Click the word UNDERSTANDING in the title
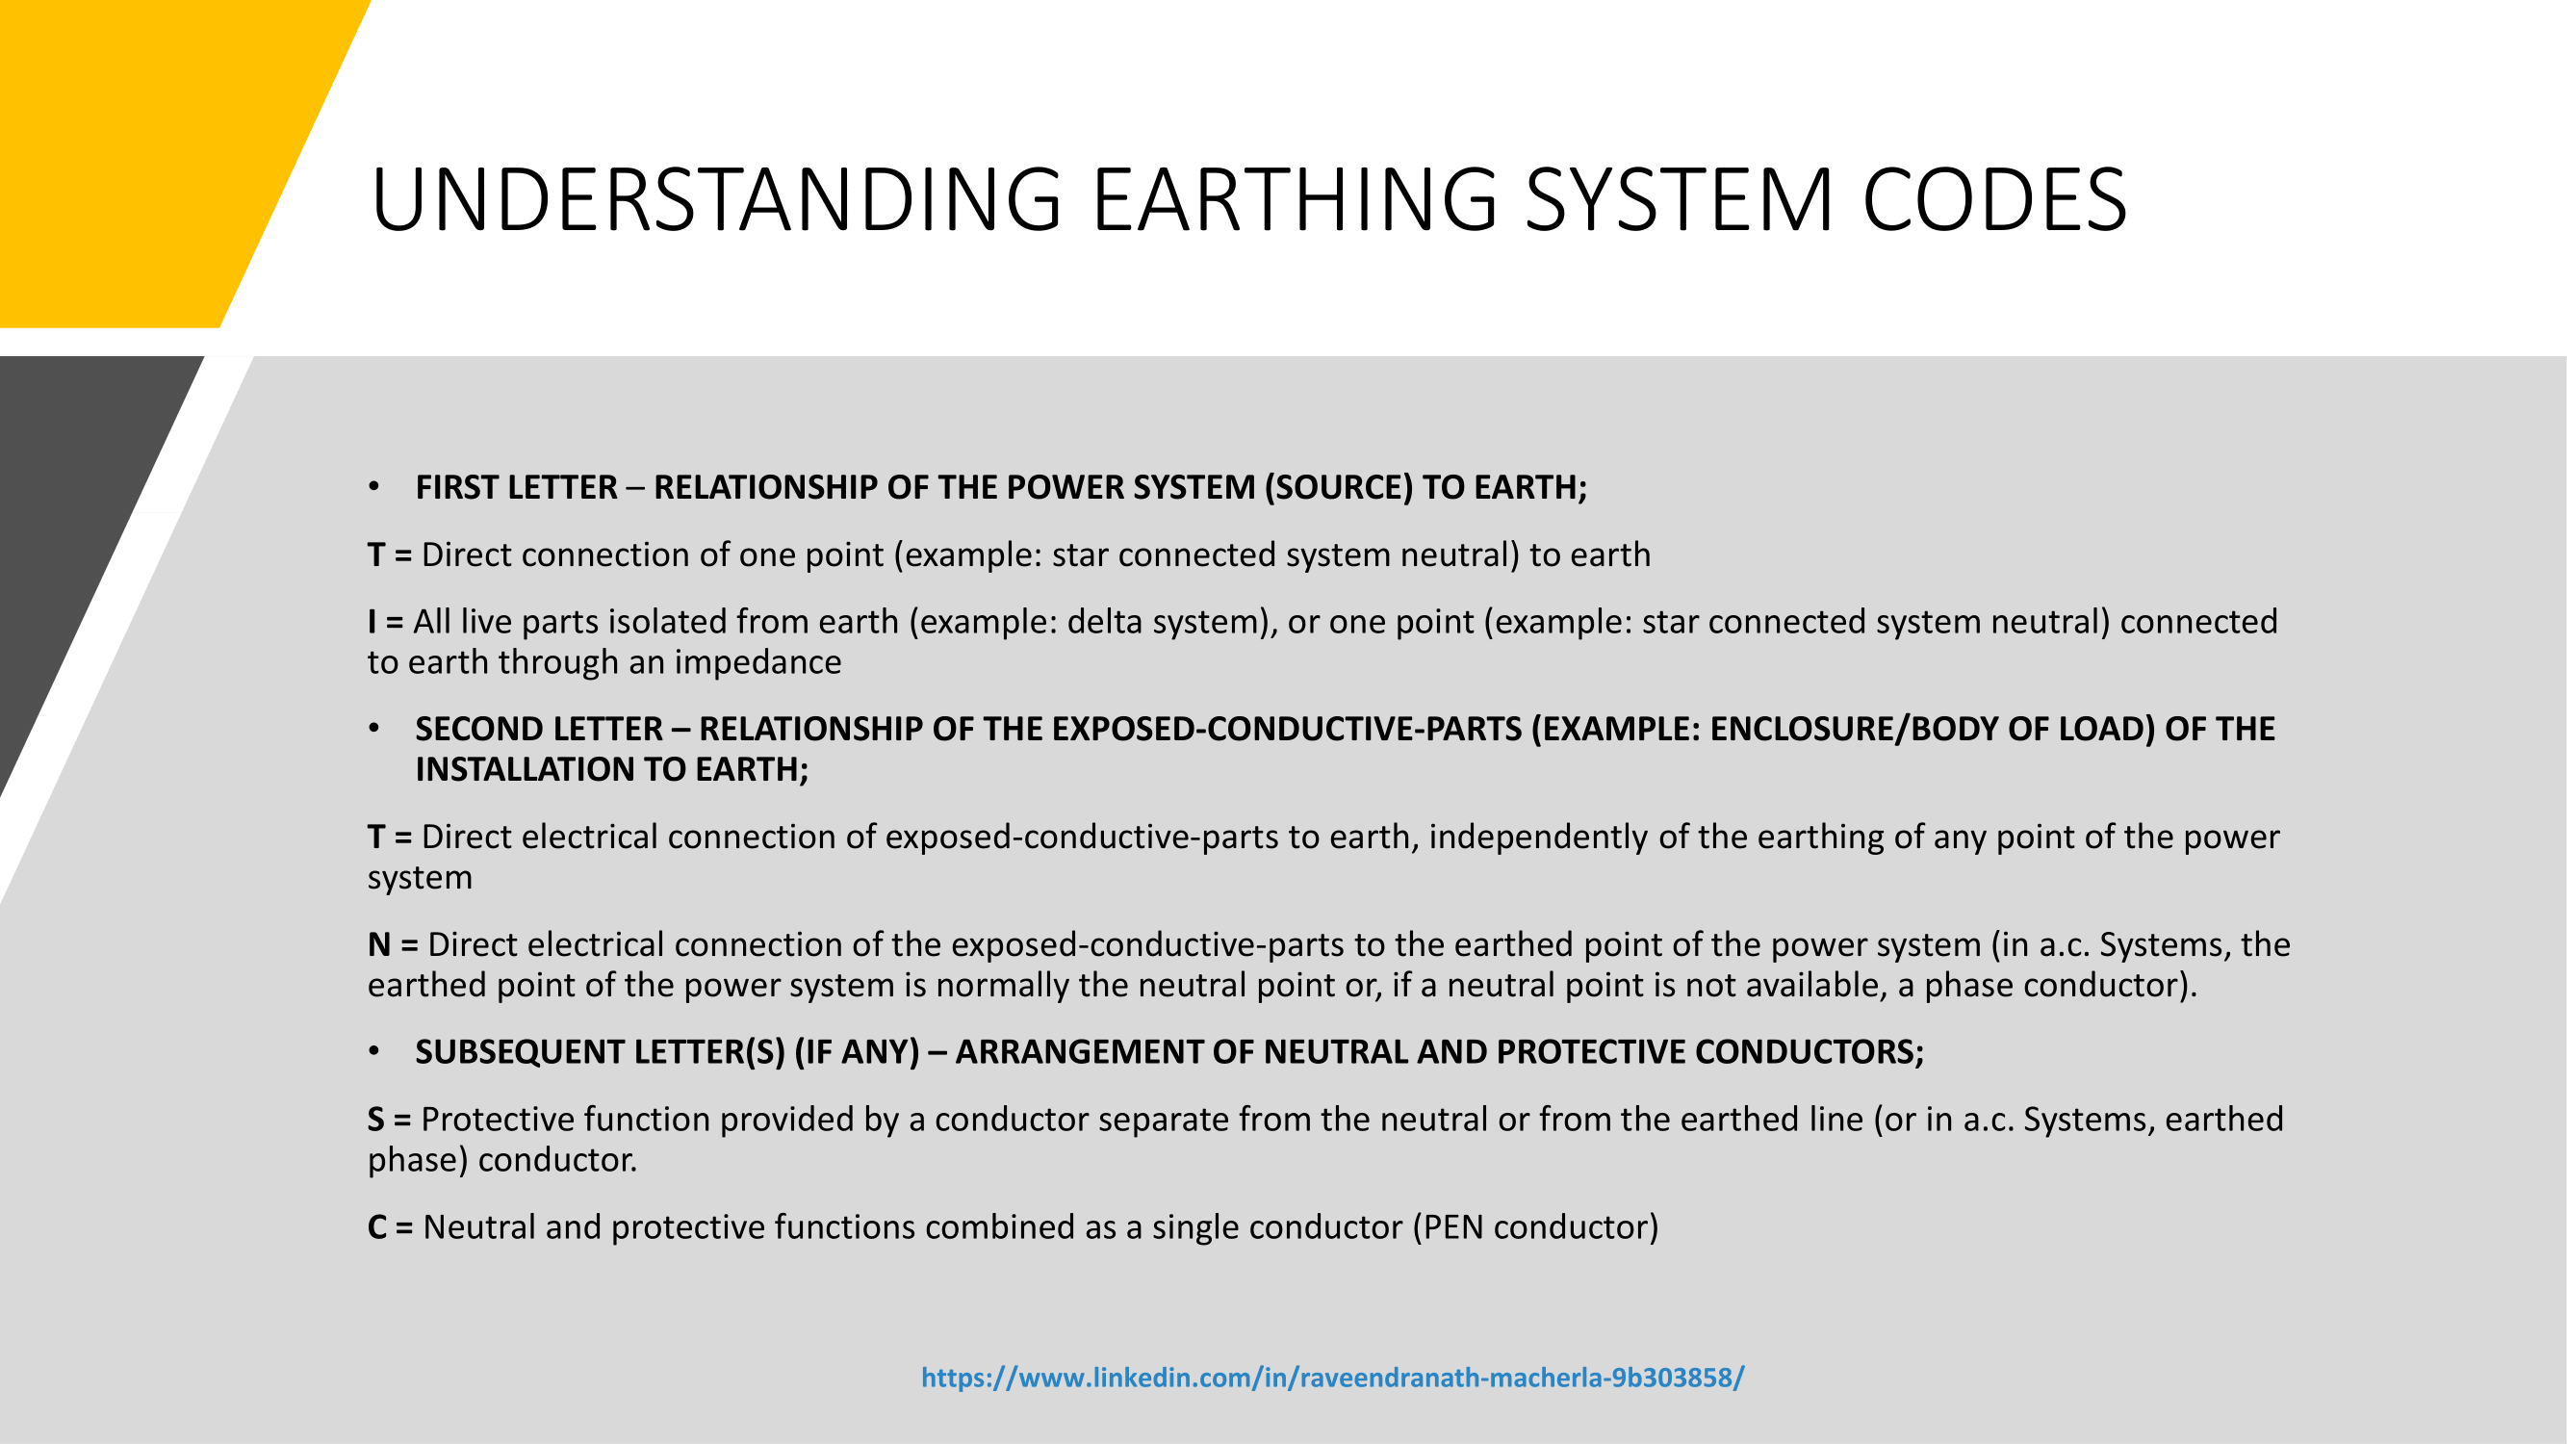point(716,200)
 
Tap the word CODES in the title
point(1994,200)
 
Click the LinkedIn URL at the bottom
point(1332,1378)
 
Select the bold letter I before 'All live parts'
point(372,622)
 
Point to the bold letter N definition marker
point(378,944)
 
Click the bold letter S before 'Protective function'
point(375,1121)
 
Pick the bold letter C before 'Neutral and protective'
point(376,1227)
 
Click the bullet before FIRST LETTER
point(373,486)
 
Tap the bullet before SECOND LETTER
point(373,729)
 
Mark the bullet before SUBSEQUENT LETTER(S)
point(373,1051)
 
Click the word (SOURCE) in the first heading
point(1338,487)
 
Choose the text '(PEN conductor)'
point(1534,1227)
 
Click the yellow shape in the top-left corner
point(149,149)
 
